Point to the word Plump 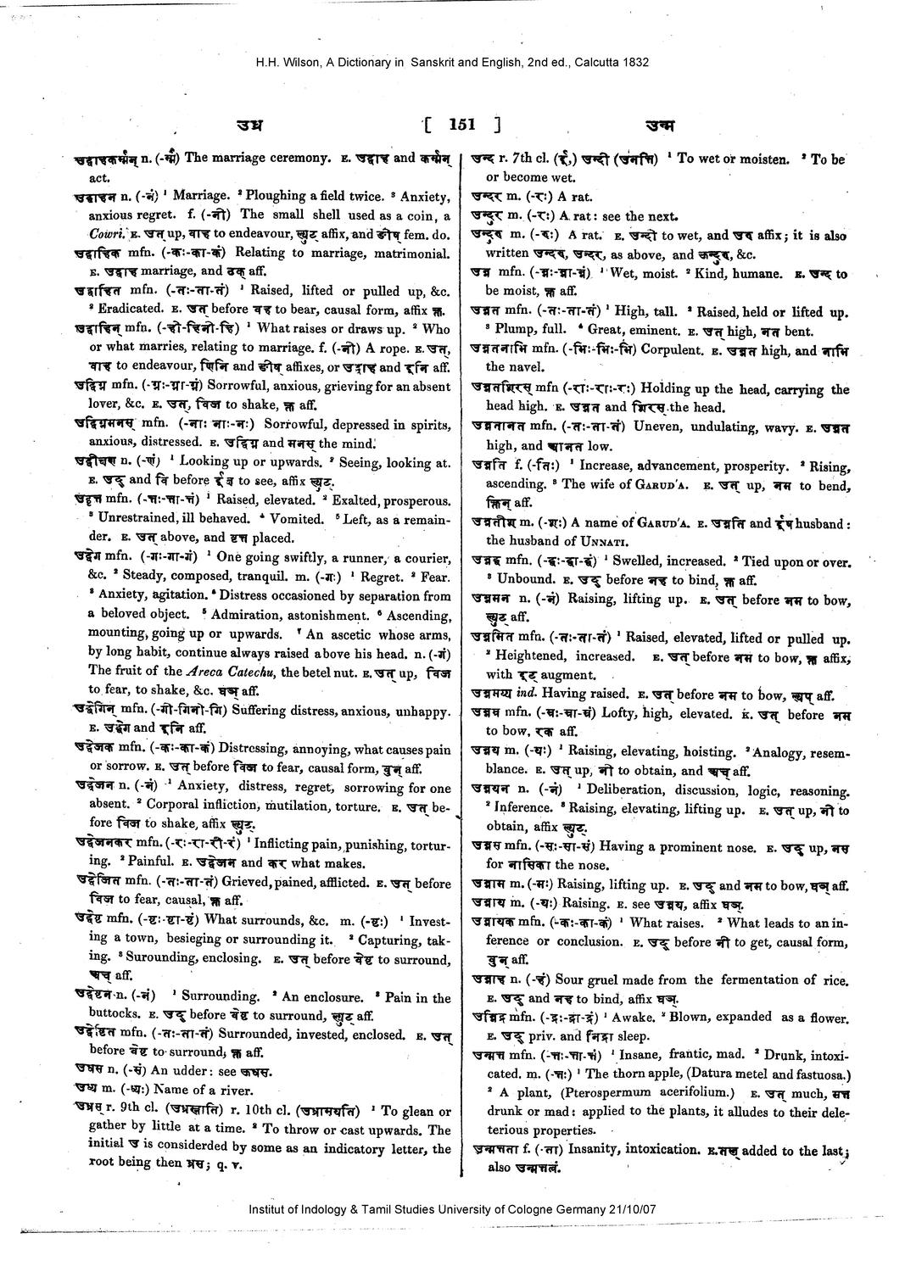point(513,331)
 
